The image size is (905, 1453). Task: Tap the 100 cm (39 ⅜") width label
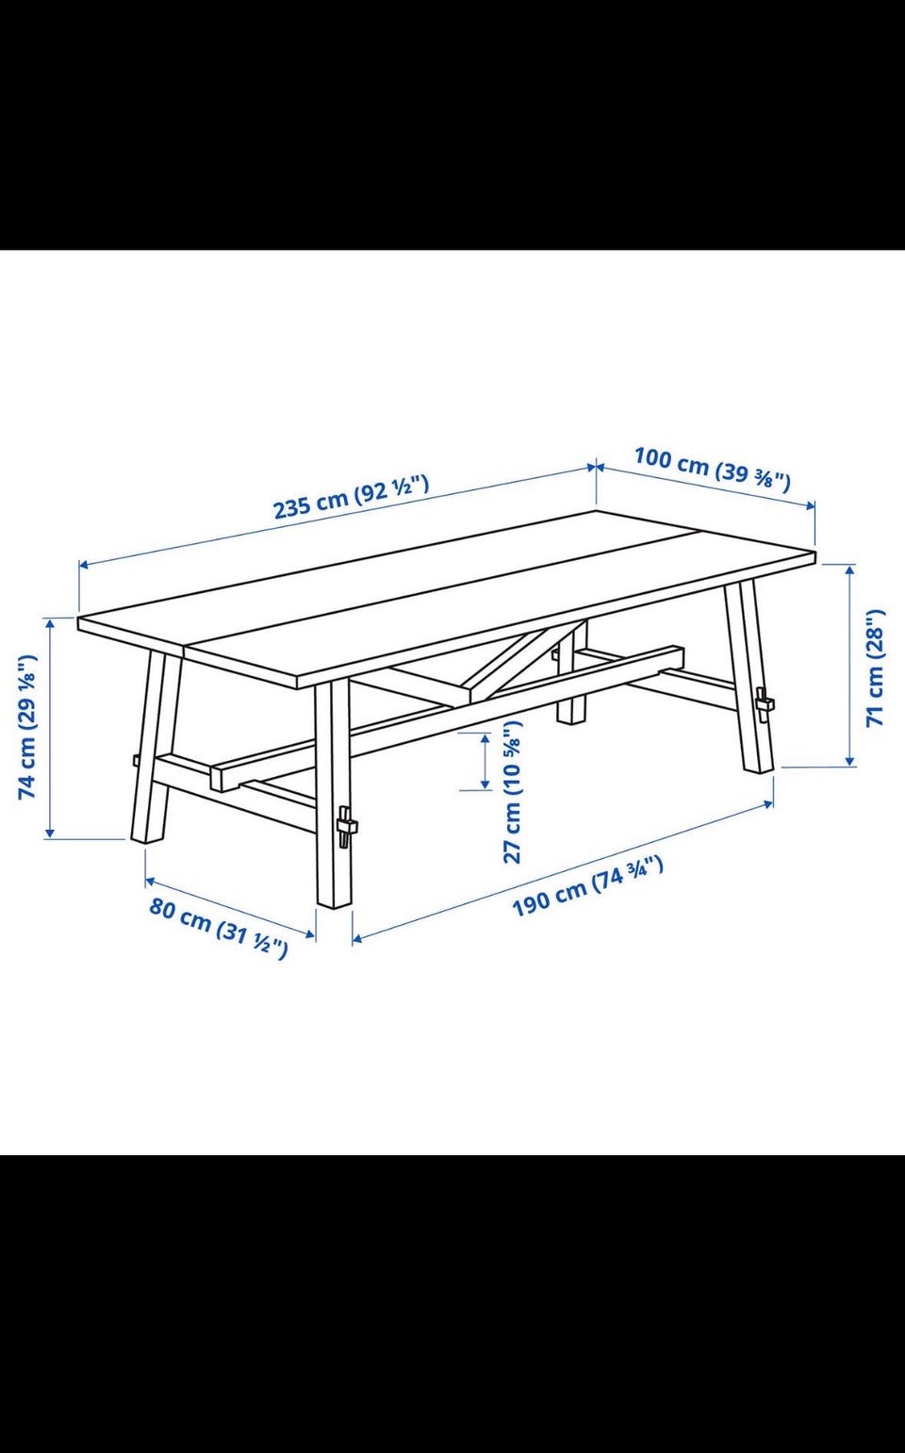[x=712, y=469]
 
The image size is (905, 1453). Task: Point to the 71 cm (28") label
[x=876, y=668]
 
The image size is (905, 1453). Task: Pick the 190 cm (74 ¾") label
[x=588, y=886]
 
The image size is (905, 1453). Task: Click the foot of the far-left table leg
[x=146, y=840]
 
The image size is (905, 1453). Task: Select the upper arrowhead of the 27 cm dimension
[x=485, y=739]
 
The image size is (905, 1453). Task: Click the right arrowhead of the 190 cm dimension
[x=768, y=804]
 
